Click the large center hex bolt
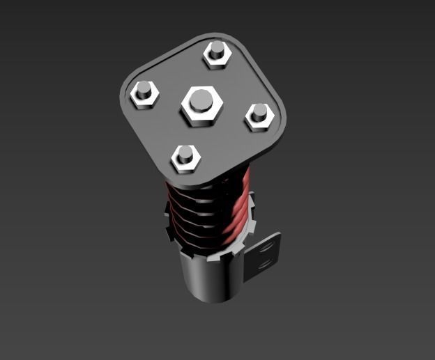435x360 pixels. click(201, 105)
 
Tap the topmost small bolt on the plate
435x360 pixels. click(217, 54)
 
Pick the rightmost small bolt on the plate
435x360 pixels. click(258, 116)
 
